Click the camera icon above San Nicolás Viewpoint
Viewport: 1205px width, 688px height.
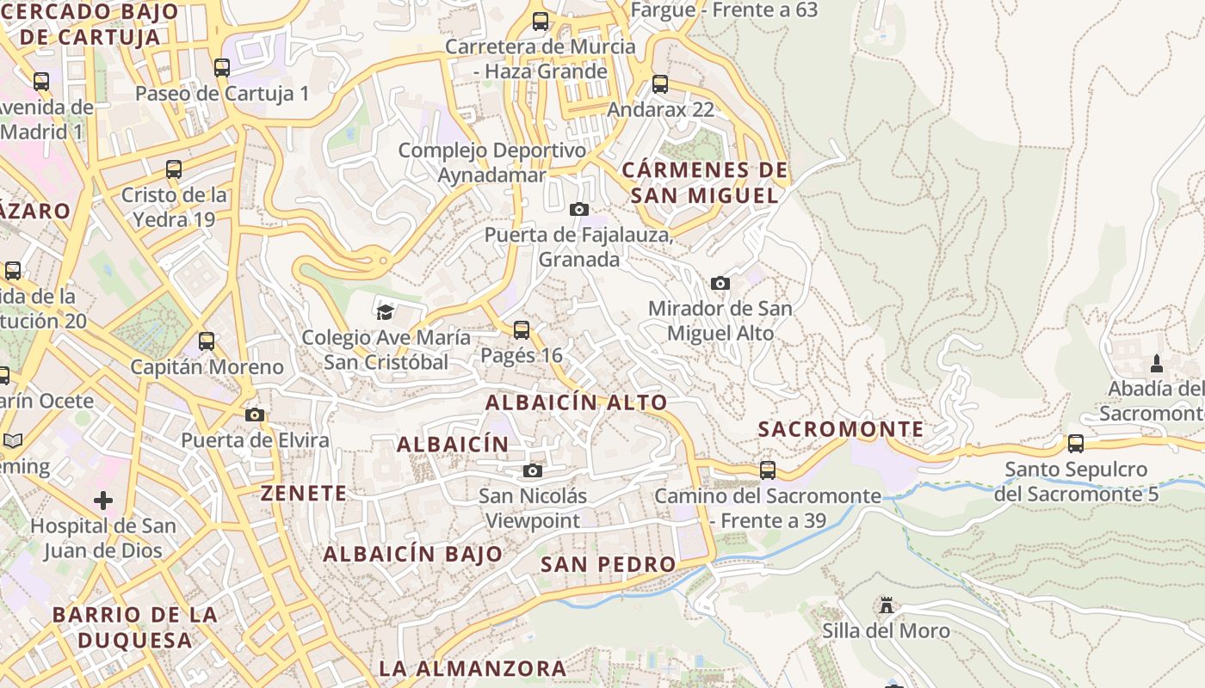click(x=533, y=470)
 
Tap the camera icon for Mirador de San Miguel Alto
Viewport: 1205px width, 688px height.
click(x=720, y=283)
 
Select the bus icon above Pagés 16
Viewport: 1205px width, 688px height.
click(x=521, y=329)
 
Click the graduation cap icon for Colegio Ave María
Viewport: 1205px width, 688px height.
click(x=385, y=311)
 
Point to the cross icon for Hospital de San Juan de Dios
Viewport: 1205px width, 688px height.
click(x=103, y=500)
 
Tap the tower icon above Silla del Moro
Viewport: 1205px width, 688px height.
click(x=887, y=605)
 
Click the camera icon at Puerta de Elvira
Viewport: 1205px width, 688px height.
click(x=254, y=415)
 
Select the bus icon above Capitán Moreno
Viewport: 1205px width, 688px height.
click(x=207, y=341)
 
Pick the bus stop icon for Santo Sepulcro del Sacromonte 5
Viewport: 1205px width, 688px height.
click(x=1076, y=444)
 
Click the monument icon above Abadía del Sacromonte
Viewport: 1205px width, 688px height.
click(x=1157, y=363)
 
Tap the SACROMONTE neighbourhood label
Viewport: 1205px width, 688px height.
click(x=841, y=429)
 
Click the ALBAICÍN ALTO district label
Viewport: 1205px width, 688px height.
click(x=577, y=402)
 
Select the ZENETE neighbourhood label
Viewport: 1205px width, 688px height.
click(x=304, y=494)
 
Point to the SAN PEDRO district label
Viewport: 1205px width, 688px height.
click(x=609, y=564)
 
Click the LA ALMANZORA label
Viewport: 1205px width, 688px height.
click(x=473, y=668)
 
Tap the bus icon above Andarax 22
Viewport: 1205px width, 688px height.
click(x=660, y=84)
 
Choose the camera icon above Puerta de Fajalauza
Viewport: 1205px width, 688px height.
click(x=579, y=209)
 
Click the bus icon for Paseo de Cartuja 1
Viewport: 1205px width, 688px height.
click(x=222, y=68)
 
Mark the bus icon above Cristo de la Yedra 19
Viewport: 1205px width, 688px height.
click(x=174, y=169)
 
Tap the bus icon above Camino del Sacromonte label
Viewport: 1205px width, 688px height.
click(x=767, y=470)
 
